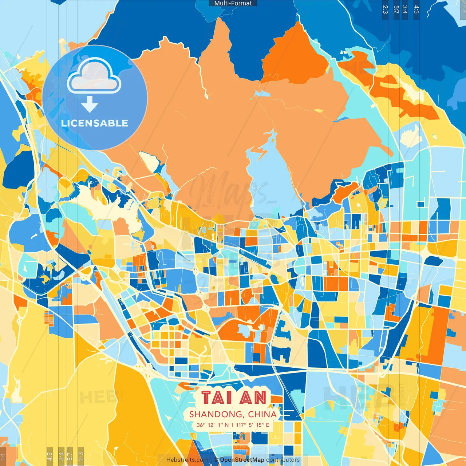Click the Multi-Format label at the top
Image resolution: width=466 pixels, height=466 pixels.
(x=233, y=3)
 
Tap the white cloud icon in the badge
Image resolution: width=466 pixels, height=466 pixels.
(x=94, y=75)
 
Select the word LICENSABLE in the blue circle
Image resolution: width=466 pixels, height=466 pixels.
(x=95, y=123)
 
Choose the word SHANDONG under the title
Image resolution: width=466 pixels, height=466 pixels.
(x=216, y=414)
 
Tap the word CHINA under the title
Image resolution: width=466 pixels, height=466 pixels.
(x=262, y=414)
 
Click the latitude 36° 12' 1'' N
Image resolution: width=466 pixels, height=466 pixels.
(x=213, y=425)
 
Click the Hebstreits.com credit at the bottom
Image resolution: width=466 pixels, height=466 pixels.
(x=187, y=460)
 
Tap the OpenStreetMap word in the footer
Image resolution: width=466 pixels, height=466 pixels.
(x=242, y=460)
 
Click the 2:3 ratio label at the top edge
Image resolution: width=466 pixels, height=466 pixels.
(x=385, y=9)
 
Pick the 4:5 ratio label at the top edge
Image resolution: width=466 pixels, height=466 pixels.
(x=416, y=9)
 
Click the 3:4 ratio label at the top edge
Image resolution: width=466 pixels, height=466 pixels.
(x=404, y=9)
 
